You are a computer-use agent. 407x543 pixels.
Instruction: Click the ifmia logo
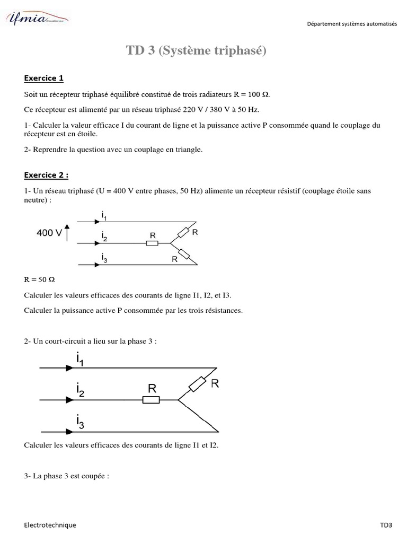(37, 20)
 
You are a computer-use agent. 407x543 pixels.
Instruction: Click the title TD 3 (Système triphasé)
(196, 50)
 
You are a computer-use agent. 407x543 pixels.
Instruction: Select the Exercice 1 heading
(43, 78)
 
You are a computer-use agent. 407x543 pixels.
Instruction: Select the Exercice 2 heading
(46, 175)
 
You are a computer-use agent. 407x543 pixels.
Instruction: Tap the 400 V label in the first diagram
(49, 232)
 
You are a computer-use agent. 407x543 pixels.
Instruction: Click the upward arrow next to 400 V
(66, 233)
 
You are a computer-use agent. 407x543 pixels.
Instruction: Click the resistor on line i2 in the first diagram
(152, 243)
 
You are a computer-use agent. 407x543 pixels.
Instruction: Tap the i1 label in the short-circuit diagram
(80, 361)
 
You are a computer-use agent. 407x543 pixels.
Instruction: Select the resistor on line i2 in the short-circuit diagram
(152, 400)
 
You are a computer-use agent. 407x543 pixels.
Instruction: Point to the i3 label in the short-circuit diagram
(80, 423)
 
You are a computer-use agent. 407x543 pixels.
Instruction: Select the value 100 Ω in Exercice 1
(259, 94)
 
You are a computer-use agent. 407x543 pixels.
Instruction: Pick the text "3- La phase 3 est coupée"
(66, 476)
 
